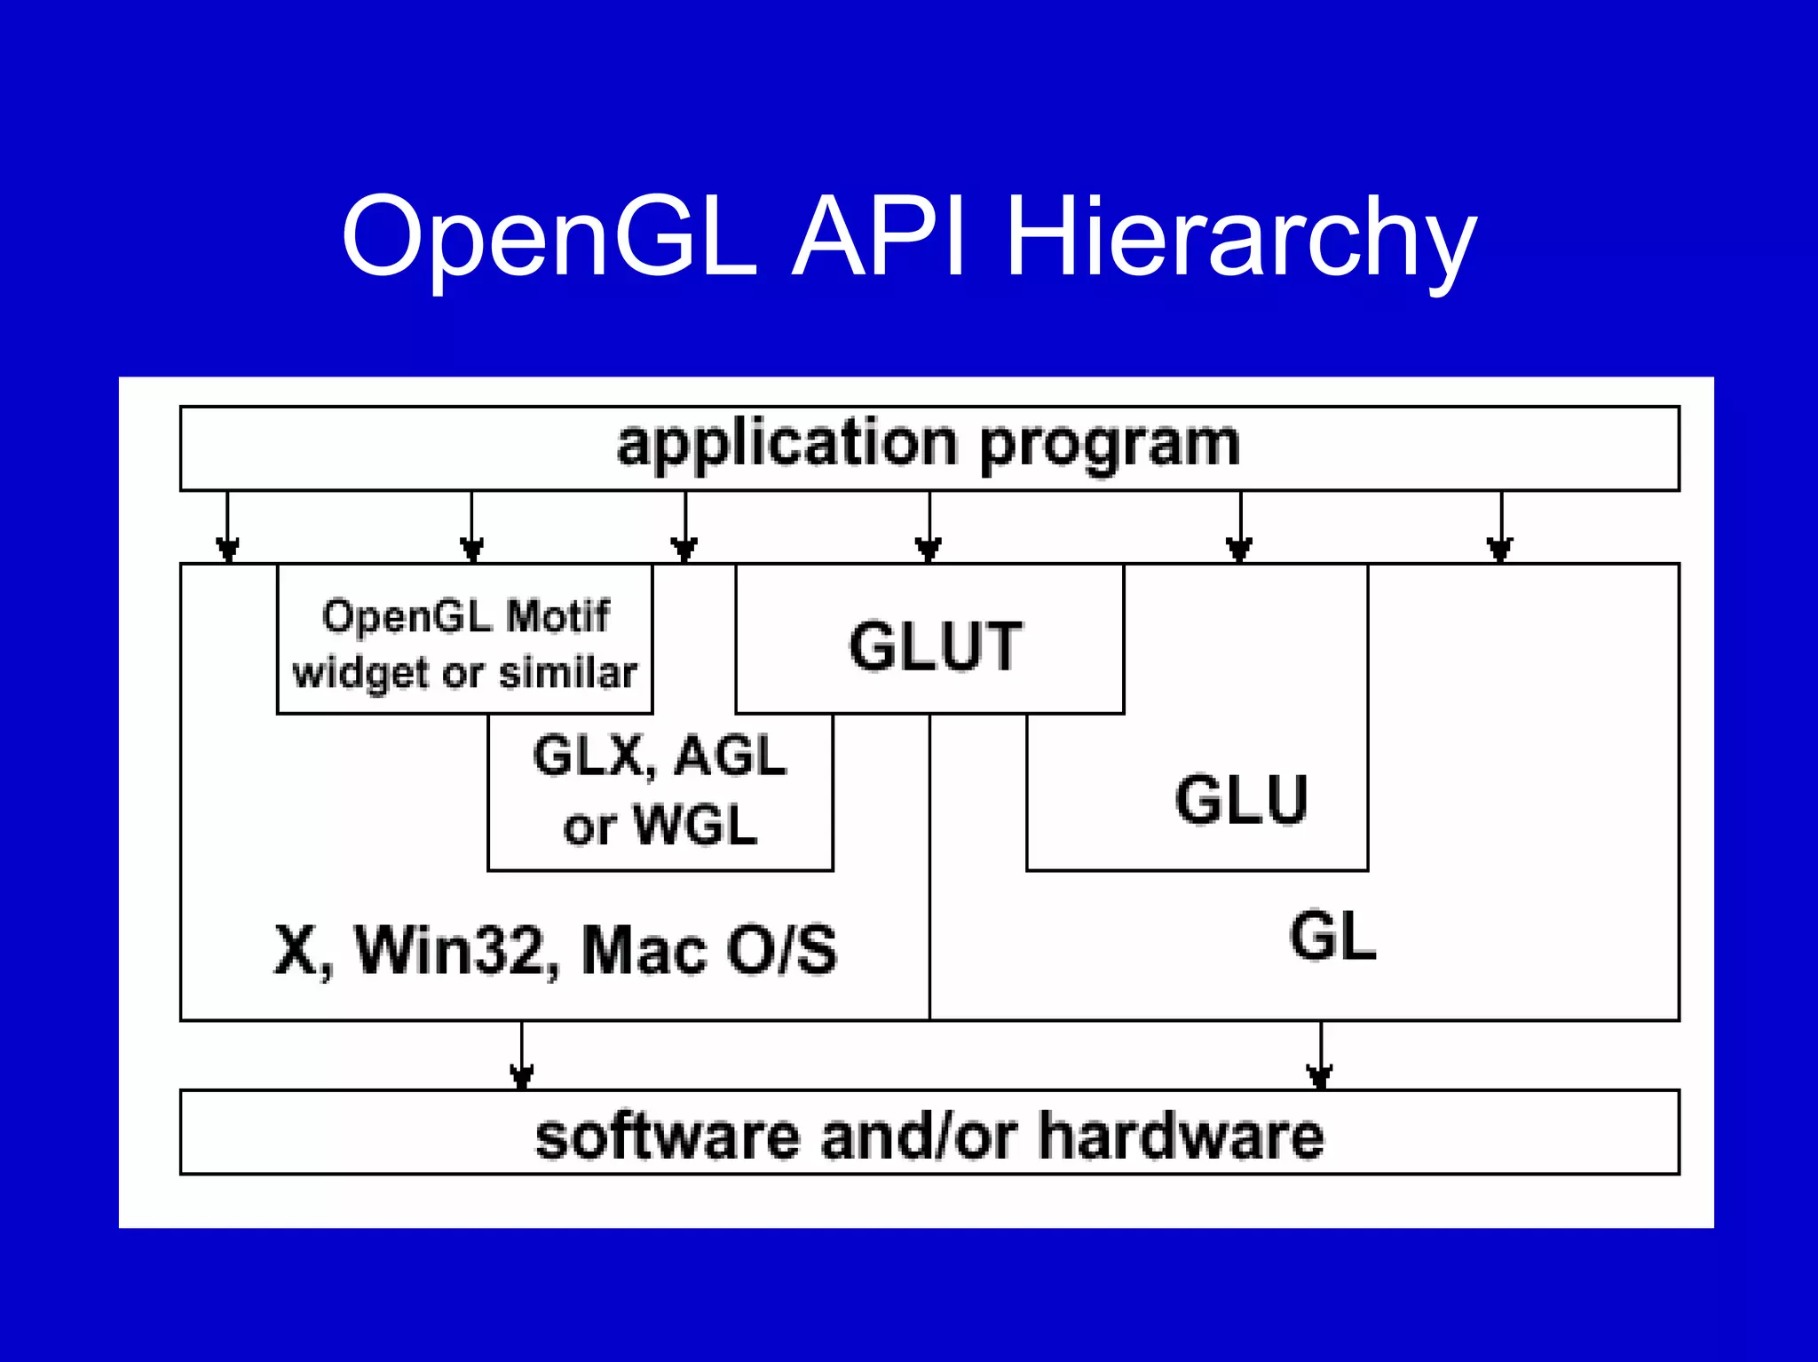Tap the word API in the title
(x=879, y=238)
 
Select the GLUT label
(x=936, y=646)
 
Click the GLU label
(x=1241, y=800)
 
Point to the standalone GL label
(x=1332, y=937)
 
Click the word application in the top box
(x=786, y=444)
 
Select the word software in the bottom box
(x=667, y=1136)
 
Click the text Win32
(x=456, y=950)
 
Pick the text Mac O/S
(x=708, y=950)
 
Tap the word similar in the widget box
(x=568, y=673)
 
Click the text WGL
(x=696, y=826)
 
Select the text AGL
(x=730, y=756)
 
